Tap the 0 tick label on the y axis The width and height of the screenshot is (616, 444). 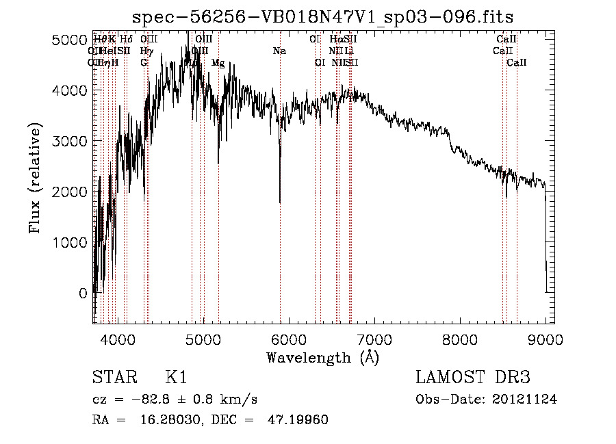(83, 293)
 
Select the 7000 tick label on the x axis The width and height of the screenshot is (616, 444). (374, 339)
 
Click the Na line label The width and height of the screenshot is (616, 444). (279, 51)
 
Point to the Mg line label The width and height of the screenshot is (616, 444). (218, 63)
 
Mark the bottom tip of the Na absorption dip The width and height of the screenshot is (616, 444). (280, 203)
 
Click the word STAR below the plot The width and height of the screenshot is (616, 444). (112, 378)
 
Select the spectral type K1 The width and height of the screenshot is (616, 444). (176, 378)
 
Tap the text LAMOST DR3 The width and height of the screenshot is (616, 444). (473, 378)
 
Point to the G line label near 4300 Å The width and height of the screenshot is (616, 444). (144, 63)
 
